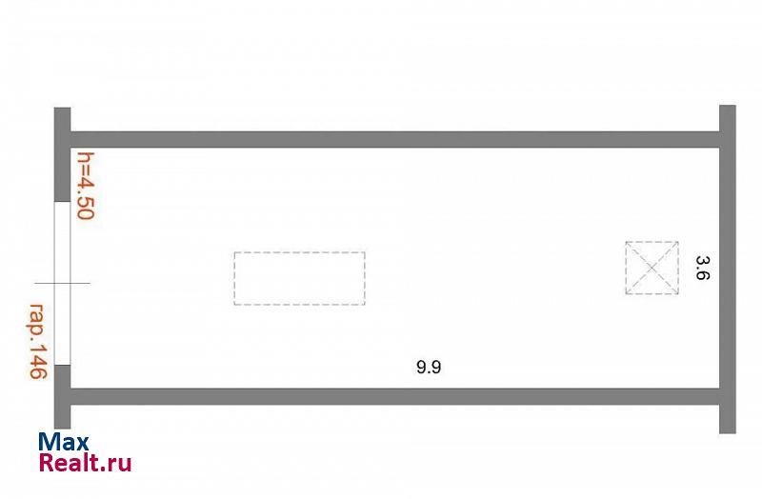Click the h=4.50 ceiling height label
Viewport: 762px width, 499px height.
pyautogui.click(x=86, y=186)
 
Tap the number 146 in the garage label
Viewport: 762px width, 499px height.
pyautogui.click(x=38, y=361)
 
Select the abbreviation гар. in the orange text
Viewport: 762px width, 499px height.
pyautogui.click(x=36, y=321)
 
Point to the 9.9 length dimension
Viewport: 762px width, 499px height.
pyautogui.click(x=429, y=367)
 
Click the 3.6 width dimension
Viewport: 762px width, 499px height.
pyautogui.click(x=703, y=269)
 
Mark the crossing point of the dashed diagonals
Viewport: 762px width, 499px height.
pyautogui.click(x=652, y=268)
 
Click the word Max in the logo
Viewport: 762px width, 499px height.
pyautogui.click(x=64, y=442)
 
